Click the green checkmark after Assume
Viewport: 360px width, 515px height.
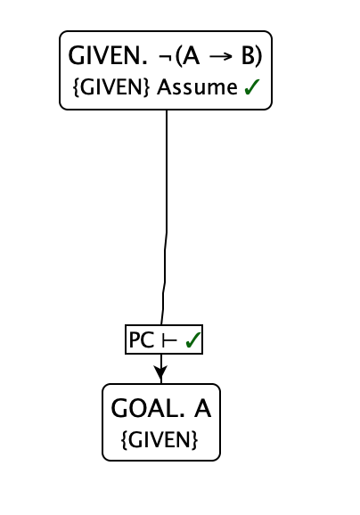pos(251,88)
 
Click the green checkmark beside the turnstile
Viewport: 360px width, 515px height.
pos(191,340)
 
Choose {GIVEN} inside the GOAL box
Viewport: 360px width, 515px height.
pos(160,440)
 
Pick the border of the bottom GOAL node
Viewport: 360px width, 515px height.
pos(103,422)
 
